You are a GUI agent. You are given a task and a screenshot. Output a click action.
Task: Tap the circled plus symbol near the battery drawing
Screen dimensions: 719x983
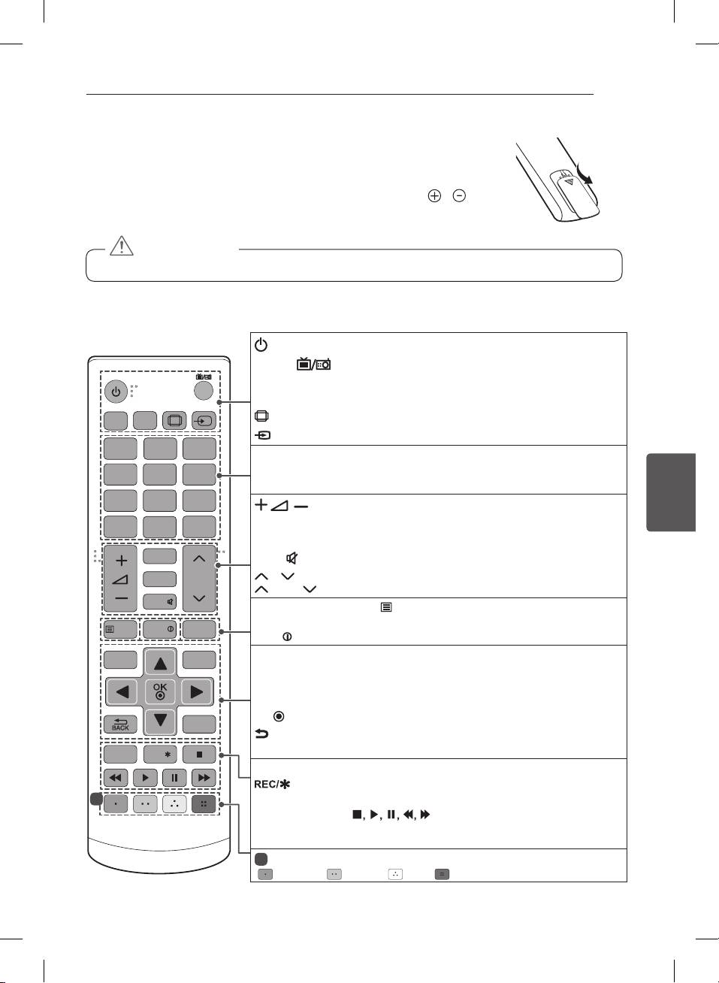(x=434, y=195)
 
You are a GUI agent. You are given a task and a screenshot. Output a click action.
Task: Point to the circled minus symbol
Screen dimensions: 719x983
(x=459, y=195)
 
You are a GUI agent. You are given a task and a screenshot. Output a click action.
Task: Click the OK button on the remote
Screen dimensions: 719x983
(x=160, y=691)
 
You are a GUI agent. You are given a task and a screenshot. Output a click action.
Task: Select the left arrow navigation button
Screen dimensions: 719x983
(x=121, y=691)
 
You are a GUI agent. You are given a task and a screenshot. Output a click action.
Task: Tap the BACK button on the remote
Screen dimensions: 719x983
(x=120, y=724)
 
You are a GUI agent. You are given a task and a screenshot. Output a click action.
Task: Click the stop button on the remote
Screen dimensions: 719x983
(x=199, y=754)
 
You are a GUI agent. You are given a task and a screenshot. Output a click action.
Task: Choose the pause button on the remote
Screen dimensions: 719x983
(x=174, y=778)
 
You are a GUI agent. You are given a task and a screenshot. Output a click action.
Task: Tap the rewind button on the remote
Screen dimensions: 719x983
(x=116, y=778)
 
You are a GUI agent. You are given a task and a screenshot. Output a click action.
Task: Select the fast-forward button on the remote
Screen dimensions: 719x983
(x=204, y=778)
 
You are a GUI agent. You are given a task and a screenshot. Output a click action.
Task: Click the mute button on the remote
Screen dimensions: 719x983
(x=160, y=601)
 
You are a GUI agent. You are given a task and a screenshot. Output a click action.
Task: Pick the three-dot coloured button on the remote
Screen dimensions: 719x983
(x=174, y=803)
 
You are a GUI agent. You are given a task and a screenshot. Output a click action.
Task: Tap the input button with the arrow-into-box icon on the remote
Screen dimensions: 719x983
(x=203, y=420)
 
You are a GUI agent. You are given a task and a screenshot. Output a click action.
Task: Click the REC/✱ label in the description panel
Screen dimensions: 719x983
(x=272, y=784)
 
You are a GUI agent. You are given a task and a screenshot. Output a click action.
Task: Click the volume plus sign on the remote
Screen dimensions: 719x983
(x=121, y=561)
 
